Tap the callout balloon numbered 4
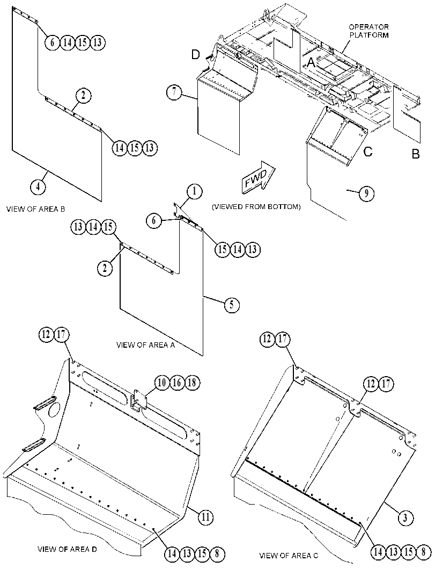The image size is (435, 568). (x=38, y=186)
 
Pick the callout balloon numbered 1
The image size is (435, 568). (x=195, y=192)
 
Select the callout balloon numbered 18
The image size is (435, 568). (x=192, y=383)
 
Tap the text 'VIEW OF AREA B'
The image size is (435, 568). (x=35, y=209)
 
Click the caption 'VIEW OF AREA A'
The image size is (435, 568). (x=145, y=345)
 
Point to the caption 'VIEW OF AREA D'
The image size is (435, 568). (x=67, y=549)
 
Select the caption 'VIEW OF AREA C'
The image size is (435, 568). (x=289, y=555)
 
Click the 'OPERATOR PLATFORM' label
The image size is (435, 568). (x=369, y=31)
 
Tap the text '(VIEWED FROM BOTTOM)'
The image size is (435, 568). (x=256, y=207)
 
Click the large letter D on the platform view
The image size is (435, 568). (x=195, y=55)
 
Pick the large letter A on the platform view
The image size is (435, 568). (x=311, y=63)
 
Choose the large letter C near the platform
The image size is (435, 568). (x=368, y=151)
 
